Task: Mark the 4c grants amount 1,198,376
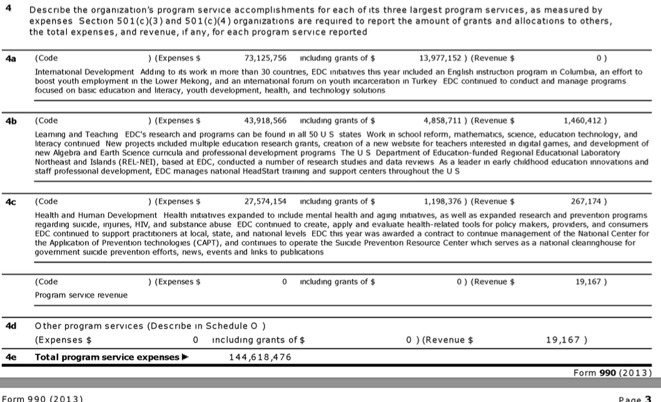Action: (445, 201)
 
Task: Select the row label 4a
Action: (11, 58)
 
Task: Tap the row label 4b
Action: (11, 120)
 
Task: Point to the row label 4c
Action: (11, 201)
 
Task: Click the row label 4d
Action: (11, 326)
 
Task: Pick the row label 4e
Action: (11, 357)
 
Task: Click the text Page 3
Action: (637, 398)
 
